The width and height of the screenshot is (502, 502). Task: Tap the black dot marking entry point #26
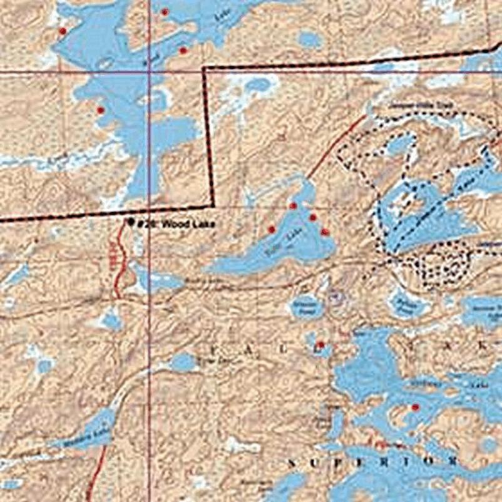point(131,222)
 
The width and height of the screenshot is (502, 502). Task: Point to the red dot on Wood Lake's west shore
point(100,110)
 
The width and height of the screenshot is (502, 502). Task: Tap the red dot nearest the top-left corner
point(62,31)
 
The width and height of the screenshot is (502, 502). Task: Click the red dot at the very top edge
point(165,12)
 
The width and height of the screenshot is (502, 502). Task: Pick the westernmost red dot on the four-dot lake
point(272,230)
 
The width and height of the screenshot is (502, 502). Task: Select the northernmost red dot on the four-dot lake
point(293,205)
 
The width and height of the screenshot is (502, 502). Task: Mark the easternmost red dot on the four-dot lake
point(325,232)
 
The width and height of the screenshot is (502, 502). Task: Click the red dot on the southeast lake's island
point(415,407)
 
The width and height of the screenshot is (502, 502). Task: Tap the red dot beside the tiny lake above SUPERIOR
point(320,344)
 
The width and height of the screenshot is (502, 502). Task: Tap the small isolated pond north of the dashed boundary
point(310,40)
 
